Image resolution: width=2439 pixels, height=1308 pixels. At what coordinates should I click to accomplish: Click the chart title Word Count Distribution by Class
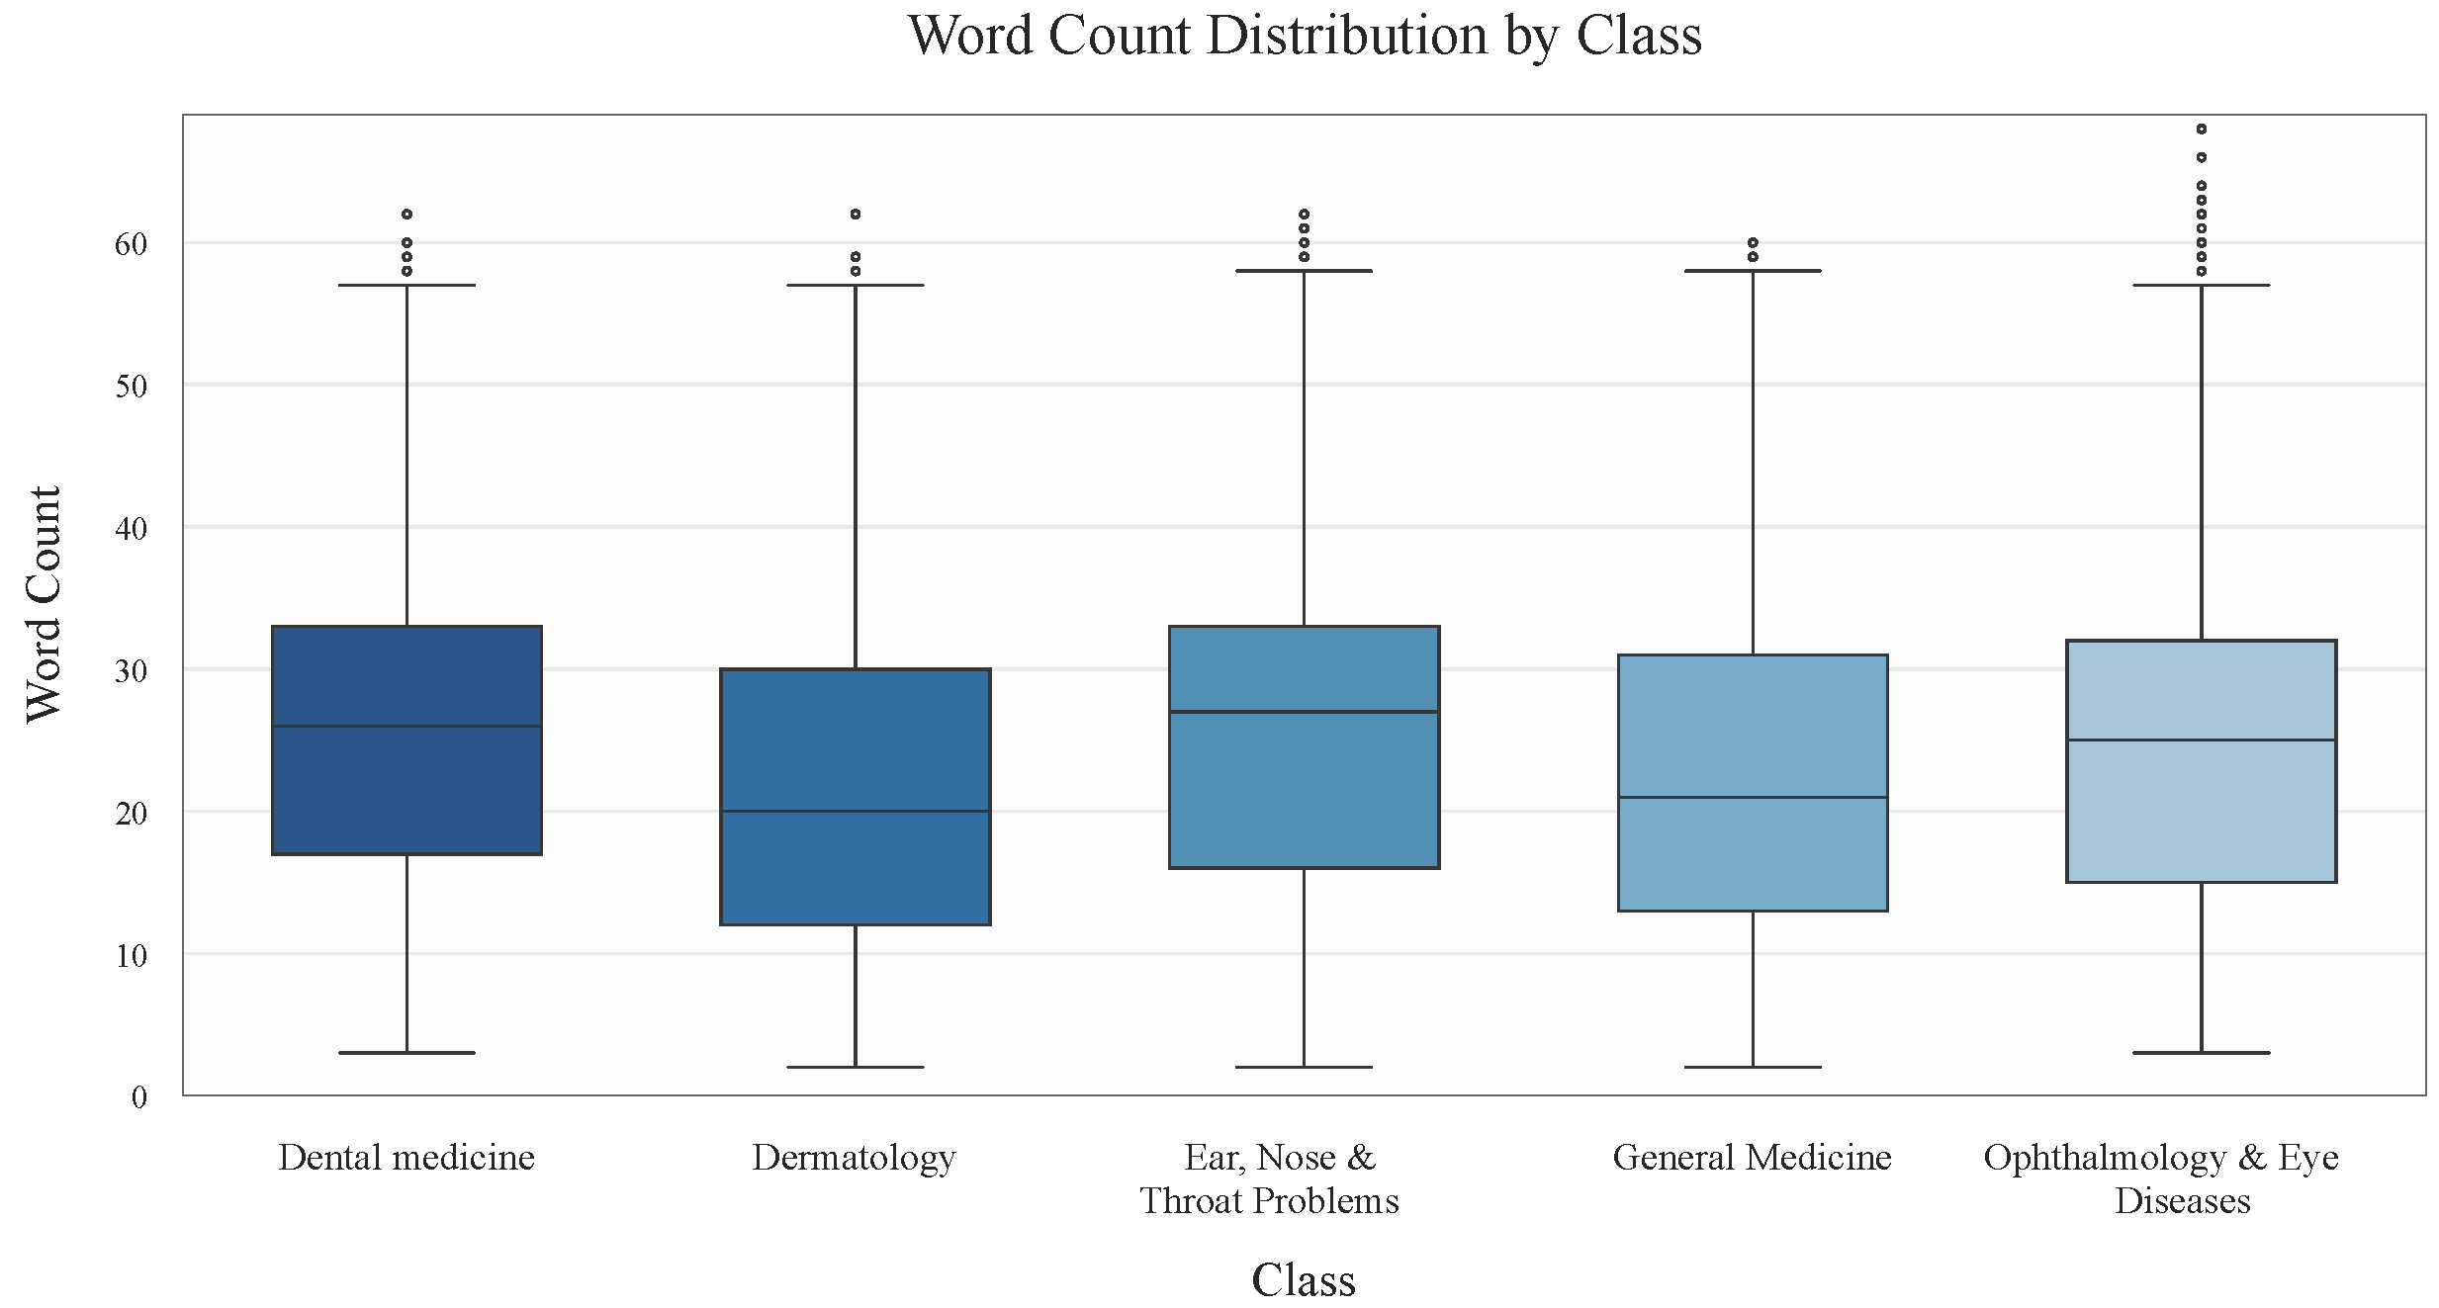coord(1305,37)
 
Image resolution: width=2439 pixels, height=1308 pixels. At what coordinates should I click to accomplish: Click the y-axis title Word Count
coord(45,604)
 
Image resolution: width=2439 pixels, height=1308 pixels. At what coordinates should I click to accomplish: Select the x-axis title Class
coord(1303,1279)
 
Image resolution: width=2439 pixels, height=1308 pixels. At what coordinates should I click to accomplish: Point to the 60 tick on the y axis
coord(132,244)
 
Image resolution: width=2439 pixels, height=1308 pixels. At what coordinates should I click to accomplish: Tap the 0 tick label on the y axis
coord(139,1096)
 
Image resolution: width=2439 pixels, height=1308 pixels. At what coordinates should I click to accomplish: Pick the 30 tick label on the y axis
coord(132,671)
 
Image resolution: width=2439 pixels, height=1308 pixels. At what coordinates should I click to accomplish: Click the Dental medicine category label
coord(406,1157)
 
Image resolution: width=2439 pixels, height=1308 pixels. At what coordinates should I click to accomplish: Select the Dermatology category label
coord(854,1157)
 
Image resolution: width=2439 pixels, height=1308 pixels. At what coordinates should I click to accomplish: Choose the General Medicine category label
coord(1752,1157)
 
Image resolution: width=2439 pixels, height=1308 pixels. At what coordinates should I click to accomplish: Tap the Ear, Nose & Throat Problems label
coord(1270,1178)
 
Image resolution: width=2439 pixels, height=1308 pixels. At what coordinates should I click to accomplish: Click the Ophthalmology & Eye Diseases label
coord(2161,1178)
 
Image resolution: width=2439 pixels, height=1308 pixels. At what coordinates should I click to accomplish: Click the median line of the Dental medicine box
coord(406,727)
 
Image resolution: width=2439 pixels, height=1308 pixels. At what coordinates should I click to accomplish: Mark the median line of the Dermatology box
coord(856,812)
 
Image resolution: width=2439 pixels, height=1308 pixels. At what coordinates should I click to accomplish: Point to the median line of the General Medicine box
coord(1753,797)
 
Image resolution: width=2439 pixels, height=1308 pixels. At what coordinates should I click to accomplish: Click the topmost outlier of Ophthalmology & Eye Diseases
coord(2202,130)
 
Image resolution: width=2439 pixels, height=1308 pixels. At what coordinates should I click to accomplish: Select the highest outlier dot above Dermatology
coord(856,215)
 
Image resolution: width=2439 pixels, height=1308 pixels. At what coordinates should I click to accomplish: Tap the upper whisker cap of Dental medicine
coord(406,286)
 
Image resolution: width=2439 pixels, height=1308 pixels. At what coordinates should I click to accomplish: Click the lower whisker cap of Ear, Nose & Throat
coord(1304,1068)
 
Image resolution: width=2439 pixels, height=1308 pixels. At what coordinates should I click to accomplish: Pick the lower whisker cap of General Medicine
coord(1753,1068)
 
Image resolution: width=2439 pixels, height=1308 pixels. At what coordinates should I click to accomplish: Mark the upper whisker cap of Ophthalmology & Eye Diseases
coord(2202,286)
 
